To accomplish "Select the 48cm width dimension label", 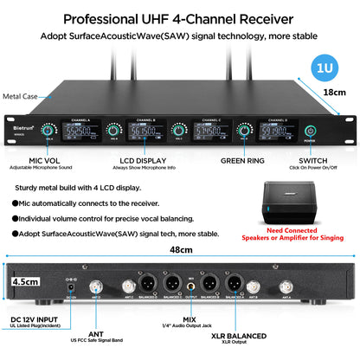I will click(x=180, y=249).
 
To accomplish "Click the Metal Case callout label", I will click(x=21, y=97).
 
